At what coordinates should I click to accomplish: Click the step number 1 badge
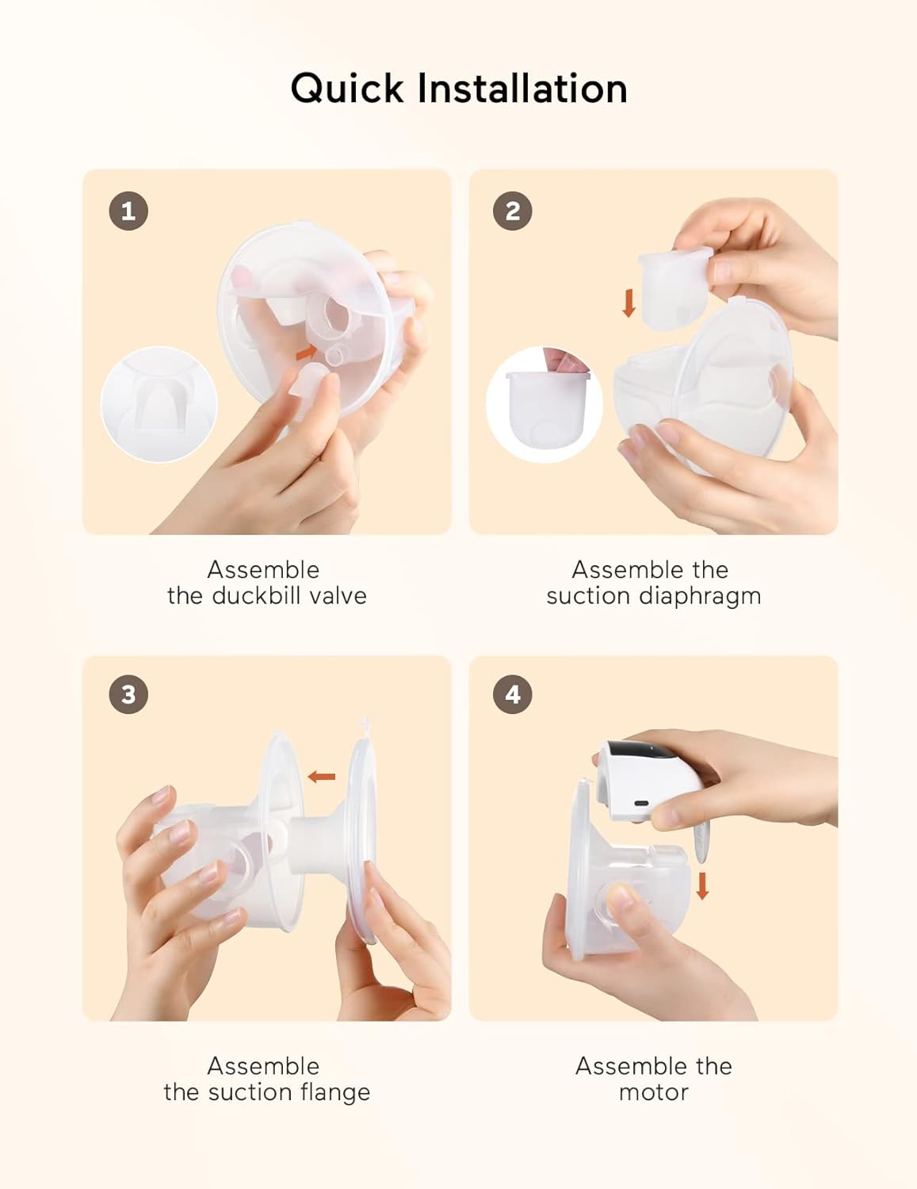[x=128, y=211]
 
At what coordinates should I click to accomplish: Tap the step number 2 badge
[x=513, y=211]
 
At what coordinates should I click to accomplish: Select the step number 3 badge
[x=128, y=694]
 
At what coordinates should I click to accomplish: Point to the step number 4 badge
[x=513, y=694]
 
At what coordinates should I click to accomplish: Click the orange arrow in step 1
[x=307, y=353]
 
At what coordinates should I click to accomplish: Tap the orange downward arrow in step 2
[x=629, y=303]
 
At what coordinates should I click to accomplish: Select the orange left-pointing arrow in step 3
[x=322, y=777]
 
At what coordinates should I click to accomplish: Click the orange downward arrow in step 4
[x=702, y=885]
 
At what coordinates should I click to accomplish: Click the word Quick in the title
[x=347, y=89]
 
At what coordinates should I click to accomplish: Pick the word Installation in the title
[x=522, y=89]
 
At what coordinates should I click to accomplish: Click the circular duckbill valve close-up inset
[x=159, y=404]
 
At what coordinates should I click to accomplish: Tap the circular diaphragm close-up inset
[x=544, y=404]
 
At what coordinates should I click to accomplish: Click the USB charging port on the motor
[x=641, y=804]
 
